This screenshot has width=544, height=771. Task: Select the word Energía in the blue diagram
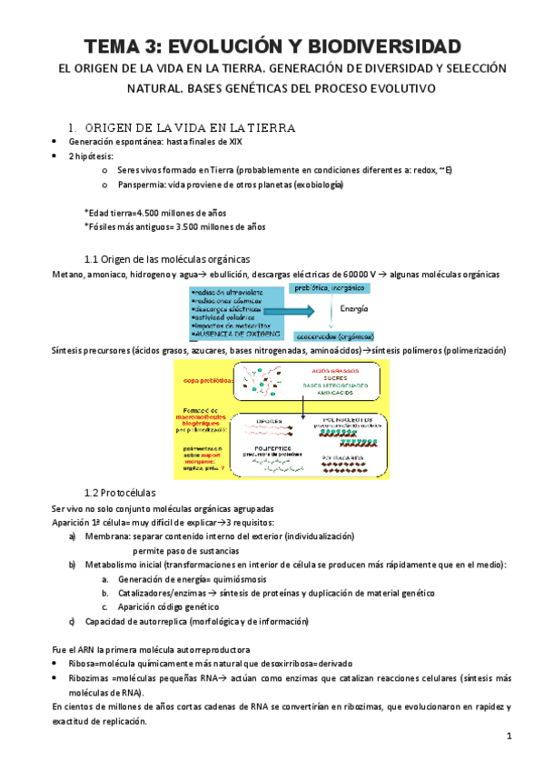[x=355, y=308]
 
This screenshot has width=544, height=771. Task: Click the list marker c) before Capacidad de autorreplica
[x=73, y=622]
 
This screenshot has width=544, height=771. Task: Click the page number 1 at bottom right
[x=509, y=735]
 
